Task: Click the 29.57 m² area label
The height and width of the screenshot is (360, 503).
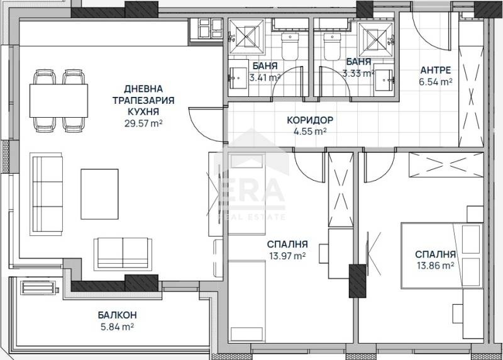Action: point(144,123)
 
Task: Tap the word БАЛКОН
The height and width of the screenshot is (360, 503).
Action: point(117,315)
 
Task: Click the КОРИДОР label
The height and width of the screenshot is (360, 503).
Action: point(309,120)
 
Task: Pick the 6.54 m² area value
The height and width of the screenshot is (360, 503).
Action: point(436,82)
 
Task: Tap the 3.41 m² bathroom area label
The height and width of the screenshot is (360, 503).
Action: point(264,79)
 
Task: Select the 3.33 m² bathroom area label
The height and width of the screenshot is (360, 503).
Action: point(356,74)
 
